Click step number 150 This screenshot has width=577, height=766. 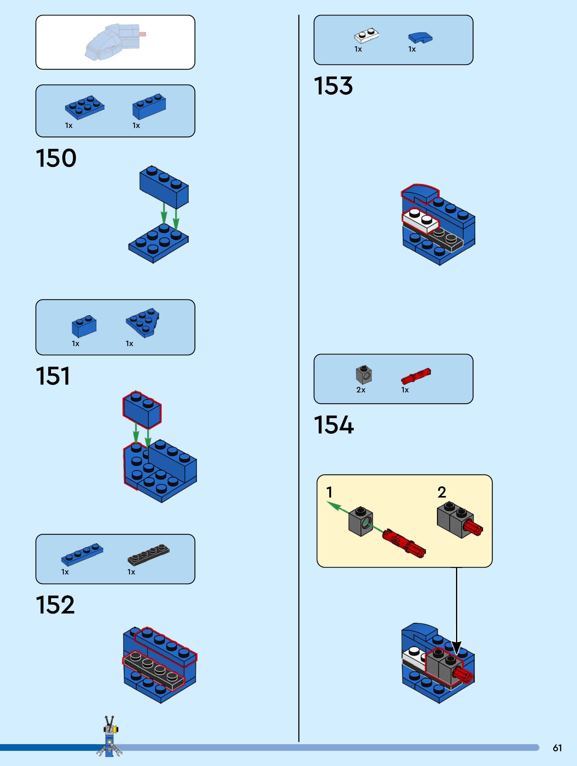click(x=56, y=158)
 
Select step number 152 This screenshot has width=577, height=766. click(x=55, y=605)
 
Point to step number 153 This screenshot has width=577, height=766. click(x=333, y=86)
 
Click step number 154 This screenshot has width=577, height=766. click(x=334, y=425)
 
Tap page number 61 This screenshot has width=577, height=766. click(x=557, y=748)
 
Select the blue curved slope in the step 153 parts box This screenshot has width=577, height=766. click(x=420, y=37)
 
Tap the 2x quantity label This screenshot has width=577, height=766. click(x=361, y=390)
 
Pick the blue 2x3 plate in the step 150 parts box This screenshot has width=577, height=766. click(x=84, y=107)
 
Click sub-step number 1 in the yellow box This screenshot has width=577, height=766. click(x=329, y=492)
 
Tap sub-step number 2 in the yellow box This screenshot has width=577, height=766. click(x=441, y=492)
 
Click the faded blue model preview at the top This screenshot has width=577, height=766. click(x=113, y=42)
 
